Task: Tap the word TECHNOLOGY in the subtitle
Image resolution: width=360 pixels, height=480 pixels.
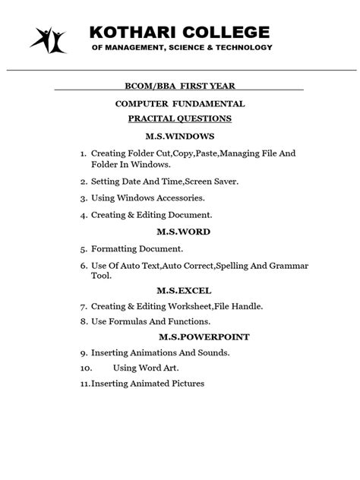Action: click(238, 47)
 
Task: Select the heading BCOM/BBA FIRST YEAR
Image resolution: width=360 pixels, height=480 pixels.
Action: click(180, 85)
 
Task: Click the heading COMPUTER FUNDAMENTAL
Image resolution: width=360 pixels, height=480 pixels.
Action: click(180, 103)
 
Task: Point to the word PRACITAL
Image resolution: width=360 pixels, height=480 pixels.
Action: click(152, 119)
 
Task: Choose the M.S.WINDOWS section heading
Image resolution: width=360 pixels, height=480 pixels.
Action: click(180, 137)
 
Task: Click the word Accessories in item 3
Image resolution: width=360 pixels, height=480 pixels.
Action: click(178, 198)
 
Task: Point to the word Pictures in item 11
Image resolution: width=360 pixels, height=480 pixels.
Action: click(187, 384)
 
